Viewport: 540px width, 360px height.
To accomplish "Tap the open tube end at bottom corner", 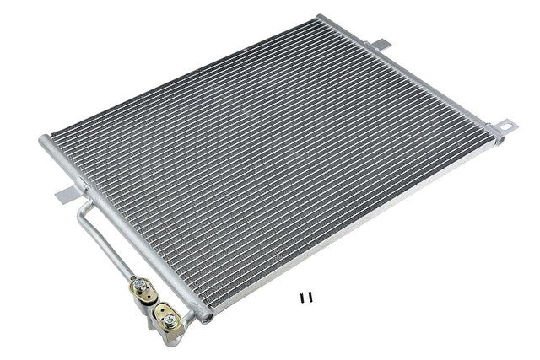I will [x=205, y=316].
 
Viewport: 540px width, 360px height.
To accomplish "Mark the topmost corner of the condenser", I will [x=320, y=16].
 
